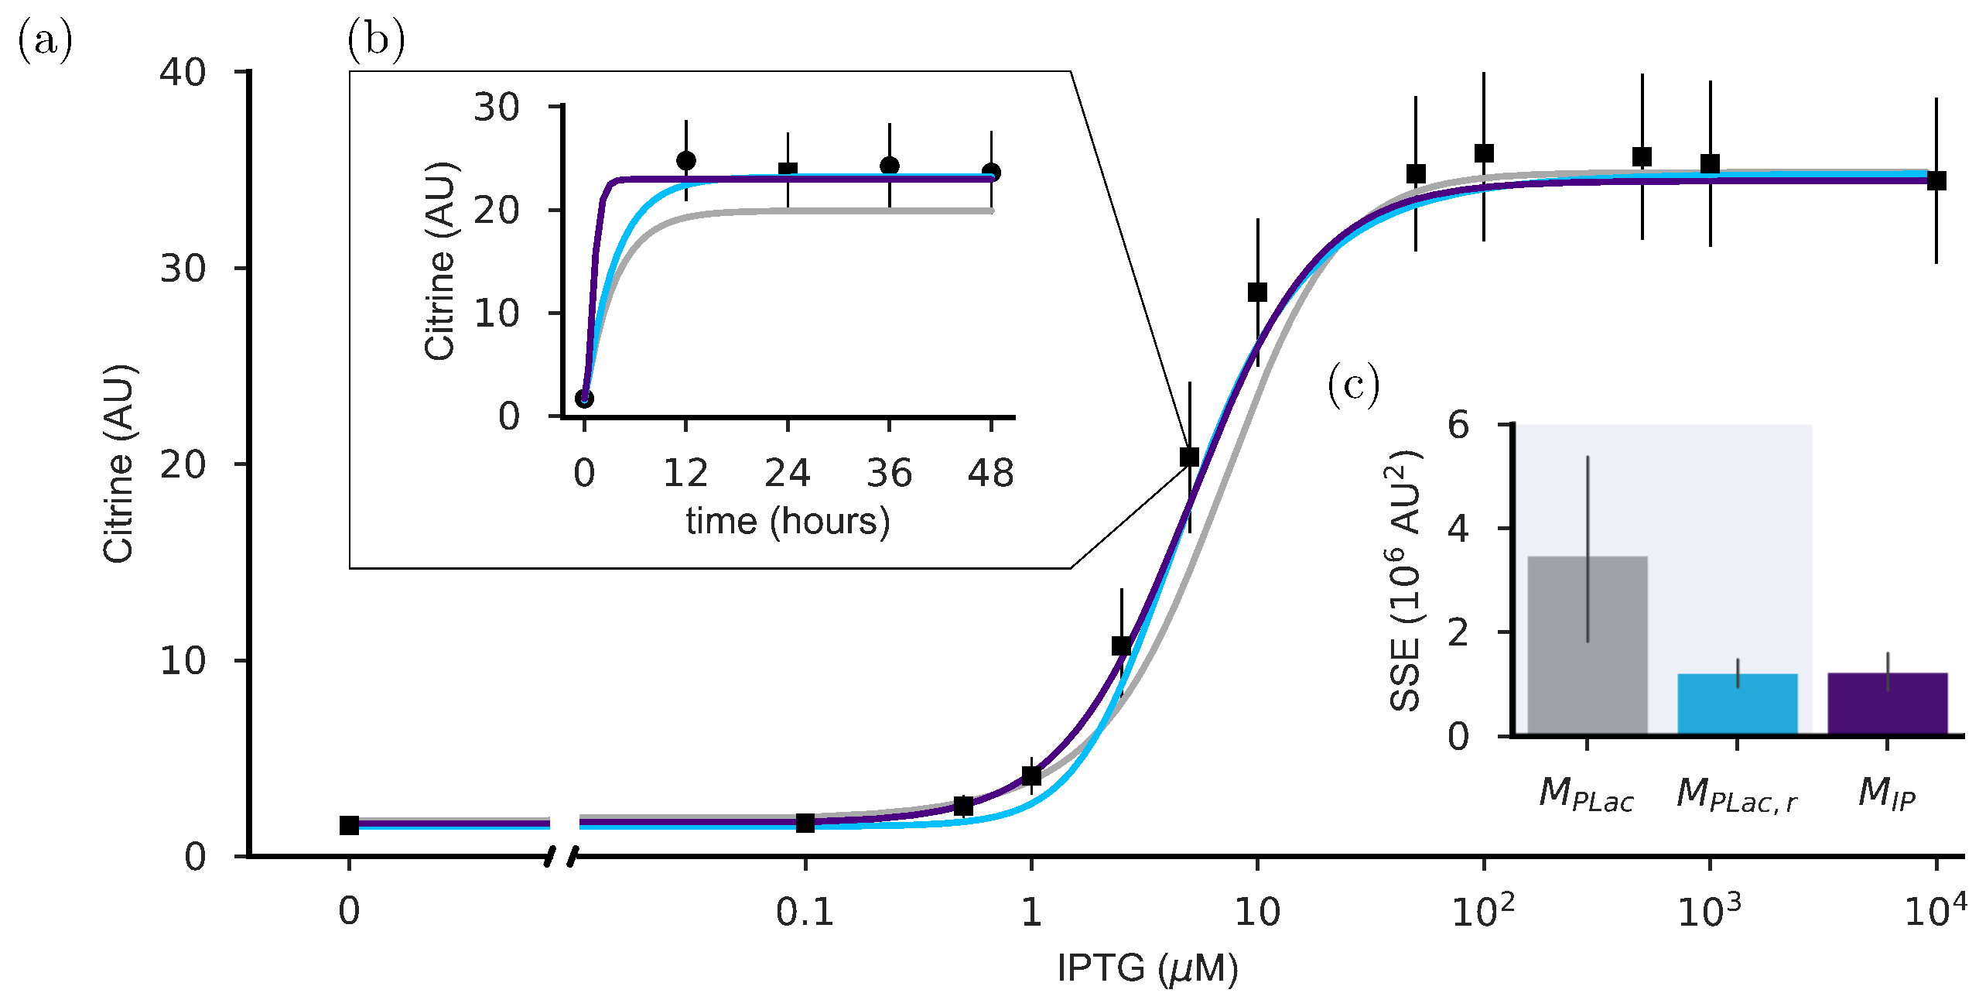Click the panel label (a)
click(x=45, y=40)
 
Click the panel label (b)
click(x=376, y=40)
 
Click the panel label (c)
click(x=1353, y=385)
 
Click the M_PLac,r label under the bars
click(x=1737, y=795)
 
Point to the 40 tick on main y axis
click(x=183, y=73)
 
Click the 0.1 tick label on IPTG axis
click(x=805, y=913)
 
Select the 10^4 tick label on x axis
click(x=1935, y=911)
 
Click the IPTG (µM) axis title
click(x=1147, y=968)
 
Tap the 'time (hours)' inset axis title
click(x=788, y=521)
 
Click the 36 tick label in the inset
click(x=889, y=473)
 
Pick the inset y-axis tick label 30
click(x=497, y=107)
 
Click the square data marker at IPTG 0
click(x=349, y=825)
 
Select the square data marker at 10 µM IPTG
click(x=1257, y=293)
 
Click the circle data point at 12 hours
click(x=685, y=161)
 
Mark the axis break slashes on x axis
click(x=561, y=856)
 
